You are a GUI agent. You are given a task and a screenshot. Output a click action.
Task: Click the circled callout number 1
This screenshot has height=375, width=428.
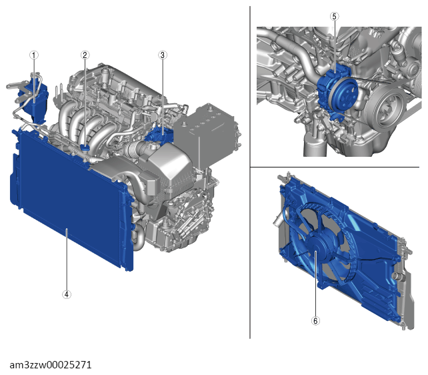click(34, 55)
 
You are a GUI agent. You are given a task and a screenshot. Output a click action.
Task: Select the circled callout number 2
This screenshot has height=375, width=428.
click(85, 55)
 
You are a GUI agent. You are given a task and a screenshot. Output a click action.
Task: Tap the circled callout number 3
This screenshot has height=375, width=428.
click(163, 55)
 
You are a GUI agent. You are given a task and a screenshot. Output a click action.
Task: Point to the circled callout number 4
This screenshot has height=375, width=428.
click(67, 294)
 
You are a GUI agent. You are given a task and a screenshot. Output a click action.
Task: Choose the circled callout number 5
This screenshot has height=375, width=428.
click(335, 17)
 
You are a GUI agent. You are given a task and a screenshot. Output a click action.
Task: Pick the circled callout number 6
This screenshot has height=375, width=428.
click(315, 321)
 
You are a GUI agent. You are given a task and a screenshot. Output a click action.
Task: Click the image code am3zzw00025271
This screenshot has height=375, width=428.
click(51, 365)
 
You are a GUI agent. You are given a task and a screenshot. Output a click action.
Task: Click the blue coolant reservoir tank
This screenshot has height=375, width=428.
click(35, 99)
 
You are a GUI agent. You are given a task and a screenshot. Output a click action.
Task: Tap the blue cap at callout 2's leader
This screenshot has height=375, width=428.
click(85, 147)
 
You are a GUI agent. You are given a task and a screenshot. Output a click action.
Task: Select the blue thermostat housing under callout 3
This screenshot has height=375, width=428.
click(159, 135)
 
